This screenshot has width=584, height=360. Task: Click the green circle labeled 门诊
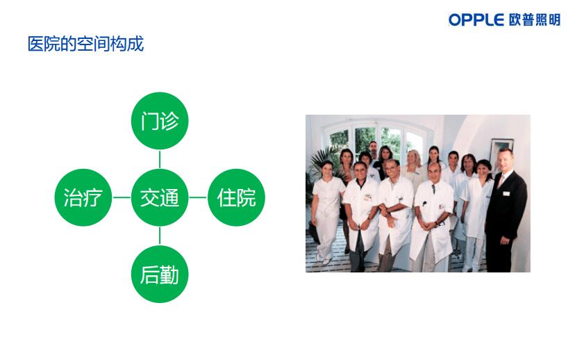coord(160,121)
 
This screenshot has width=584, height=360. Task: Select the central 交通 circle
coord(160,197)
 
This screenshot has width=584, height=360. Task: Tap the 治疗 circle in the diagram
coord(83,197)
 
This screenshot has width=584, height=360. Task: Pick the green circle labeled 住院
coord(237,197)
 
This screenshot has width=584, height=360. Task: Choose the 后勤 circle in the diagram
coord(160,275)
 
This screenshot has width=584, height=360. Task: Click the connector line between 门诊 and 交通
coord(160,159)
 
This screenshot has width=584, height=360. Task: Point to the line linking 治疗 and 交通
coord(122,197)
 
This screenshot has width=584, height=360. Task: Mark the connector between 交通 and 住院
coord(198,197)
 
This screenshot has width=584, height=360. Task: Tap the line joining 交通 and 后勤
coord(160,236)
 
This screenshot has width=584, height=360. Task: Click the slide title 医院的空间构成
coord(85,44)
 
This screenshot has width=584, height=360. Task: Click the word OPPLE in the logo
coord(476,19)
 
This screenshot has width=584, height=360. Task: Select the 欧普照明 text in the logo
coord(535,19)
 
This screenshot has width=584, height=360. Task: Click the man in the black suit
coord(505,211)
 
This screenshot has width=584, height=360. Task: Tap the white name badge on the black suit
coord(506,193)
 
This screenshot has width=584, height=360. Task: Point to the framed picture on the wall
coord(501,153)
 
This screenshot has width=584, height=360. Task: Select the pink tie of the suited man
coord(501,181)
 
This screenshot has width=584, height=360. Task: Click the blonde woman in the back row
coord(414,167)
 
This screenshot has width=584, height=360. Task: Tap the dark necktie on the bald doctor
coord(434,188)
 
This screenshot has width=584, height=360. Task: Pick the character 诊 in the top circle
coord(170,121)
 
